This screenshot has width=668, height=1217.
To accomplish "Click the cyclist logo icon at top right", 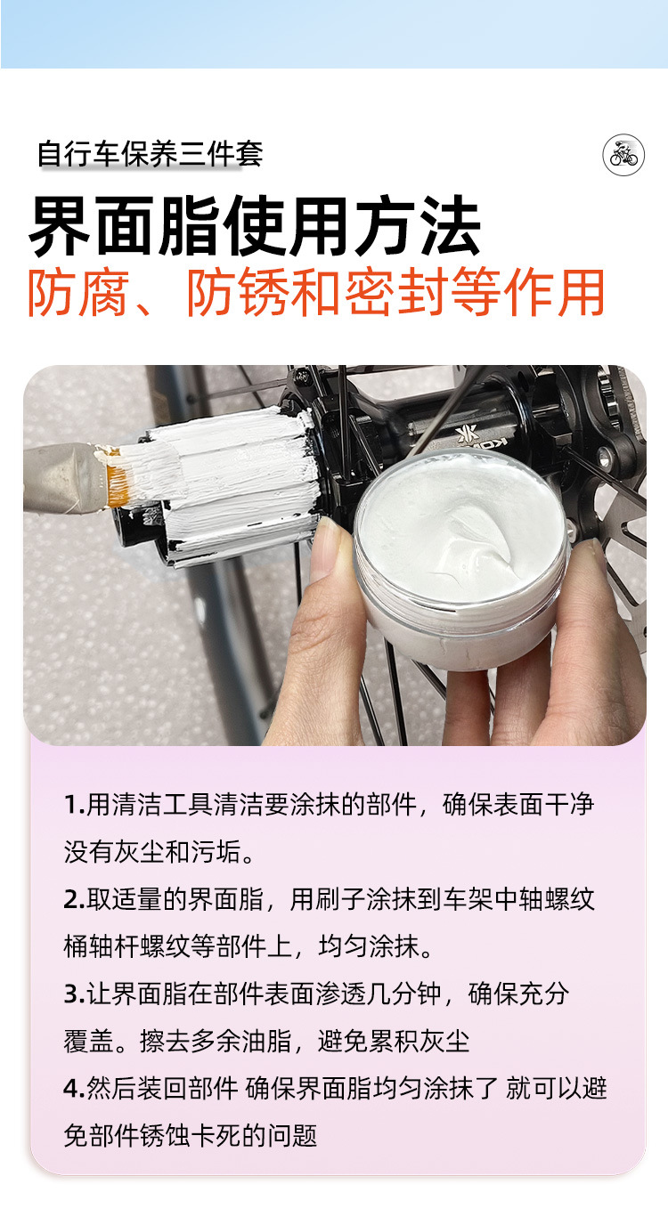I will [x=623, y=155].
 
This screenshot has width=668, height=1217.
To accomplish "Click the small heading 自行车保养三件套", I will [x=151, y=153].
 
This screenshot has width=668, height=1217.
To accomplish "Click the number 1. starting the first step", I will [x=73, y=805].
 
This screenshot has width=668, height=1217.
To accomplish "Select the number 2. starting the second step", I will [x=74, y=899].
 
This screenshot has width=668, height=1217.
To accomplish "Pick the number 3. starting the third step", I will [x=74, y=994].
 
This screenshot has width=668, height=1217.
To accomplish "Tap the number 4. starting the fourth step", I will [x=74, y=1088].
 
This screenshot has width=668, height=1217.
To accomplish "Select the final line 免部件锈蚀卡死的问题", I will [x=191, y=1135].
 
